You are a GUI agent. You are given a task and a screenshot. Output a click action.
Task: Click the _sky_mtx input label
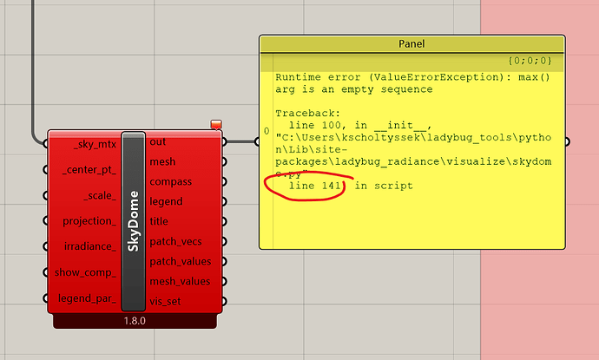95,142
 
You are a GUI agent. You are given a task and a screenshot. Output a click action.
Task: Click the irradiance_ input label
90,246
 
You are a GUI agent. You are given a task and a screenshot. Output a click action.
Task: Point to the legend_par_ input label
88,298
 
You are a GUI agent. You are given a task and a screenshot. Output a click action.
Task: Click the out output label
158,141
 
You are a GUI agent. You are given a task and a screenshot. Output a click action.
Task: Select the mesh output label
162,161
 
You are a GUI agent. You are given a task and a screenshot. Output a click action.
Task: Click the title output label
159,221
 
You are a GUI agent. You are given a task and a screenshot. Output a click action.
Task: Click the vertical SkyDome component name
133,221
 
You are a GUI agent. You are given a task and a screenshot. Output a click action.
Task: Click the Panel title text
411,43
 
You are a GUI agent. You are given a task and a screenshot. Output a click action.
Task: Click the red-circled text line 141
315,186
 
